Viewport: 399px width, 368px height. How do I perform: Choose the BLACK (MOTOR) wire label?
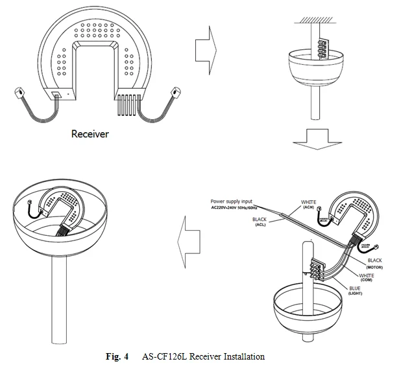pos(374,263)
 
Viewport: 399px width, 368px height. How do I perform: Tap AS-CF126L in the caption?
pos(162,356)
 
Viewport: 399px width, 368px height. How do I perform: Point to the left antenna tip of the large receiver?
pos(18,93)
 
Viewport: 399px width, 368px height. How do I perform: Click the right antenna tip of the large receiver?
pos(175,92)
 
